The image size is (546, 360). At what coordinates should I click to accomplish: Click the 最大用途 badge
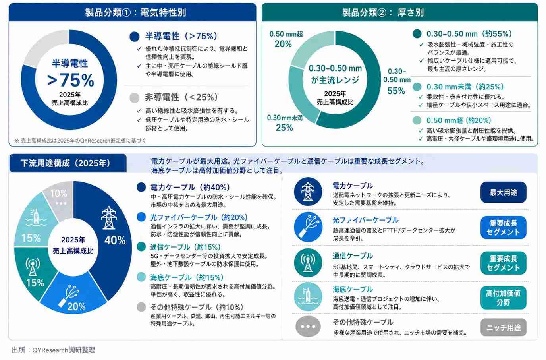pyautogui.click(x=504, y=192)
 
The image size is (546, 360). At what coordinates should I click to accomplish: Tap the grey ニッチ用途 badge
pyautogui.click(x=504, y=327)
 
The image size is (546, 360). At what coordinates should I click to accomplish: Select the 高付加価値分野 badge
pyautogui.click(x=504, y=298)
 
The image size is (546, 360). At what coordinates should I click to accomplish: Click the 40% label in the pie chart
pyautogui.click(x=115, y=240)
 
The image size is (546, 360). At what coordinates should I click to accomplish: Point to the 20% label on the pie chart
pyautogui.click(x=76, y=307)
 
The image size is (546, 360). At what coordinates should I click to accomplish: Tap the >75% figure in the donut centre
pyautogui.click(x=70, y=80)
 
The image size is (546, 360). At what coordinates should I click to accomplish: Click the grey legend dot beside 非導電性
pyautogui.click(x=134, y=98)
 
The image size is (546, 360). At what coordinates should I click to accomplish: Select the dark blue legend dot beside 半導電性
pyautogui.click(x=134, y=37)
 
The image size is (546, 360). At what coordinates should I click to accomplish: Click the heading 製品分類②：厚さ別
pyautogui.click(x=383, y=12)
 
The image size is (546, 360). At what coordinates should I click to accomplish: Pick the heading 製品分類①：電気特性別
pyautogui.click(x=135, y=12)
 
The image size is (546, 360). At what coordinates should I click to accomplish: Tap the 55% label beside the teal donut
pyautogui.click(x=396, y=91)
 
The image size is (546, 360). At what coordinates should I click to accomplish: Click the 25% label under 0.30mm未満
pyautogui.click(x=284, y=128)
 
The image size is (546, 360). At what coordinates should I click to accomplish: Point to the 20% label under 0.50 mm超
pyautogui.click(x=283, y=44)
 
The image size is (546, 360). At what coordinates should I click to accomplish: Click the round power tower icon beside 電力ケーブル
pyautogui.click(x=308, y=192)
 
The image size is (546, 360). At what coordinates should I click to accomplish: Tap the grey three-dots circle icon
pyautogui.click(x=308, y=326)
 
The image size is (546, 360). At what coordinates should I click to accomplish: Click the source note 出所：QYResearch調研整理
pyautogui.click(x=53, y=350)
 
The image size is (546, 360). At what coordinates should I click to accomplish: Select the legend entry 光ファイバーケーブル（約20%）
pyautogui.click(x=199, y=217)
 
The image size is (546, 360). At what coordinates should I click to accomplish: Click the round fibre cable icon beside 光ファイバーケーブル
pyautogui.click(x=308, y=227)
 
